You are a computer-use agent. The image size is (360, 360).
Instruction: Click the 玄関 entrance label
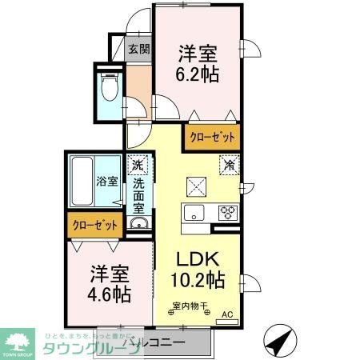[x=139, y=49]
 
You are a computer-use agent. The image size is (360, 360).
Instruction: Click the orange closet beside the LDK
[x=211, y=137]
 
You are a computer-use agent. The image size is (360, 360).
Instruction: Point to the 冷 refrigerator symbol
[x=229, y=166]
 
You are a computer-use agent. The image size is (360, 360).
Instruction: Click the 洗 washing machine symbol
[x=138, y=165]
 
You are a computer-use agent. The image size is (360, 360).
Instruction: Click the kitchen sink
[x=194, y=214]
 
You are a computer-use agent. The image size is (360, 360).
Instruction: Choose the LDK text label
[x=197, y=261]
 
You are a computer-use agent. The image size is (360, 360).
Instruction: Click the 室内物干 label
[x=189, y=305]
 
